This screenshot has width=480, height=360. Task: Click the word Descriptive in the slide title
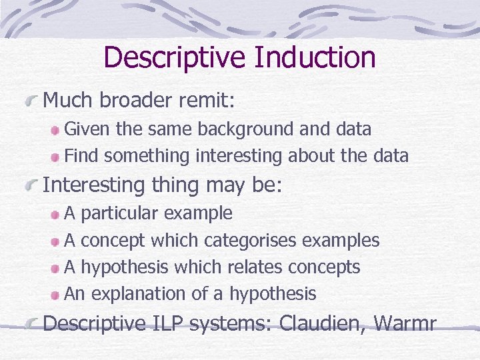pos(175,57)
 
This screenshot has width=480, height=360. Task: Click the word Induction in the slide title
pos(314,57)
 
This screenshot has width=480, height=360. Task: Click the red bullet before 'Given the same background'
pos(57,129)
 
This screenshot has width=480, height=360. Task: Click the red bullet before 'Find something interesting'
pos(57,157)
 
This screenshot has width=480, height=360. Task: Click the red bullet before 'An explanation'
pos(57,294)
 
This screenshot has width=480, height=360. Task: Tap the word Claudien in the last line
pos(322,323)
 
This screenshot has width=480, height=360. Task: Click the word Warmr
pos(405,323)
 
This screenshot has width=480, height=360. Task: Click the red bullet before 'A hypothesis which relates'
pos(57,267)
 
